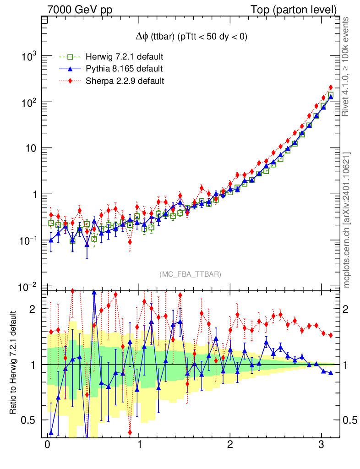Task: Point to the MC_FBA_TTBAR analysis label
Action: [190, 274]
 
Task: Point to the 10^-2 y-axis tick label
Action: [27, 287]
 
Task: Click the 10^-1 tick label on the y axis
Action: [27, 240]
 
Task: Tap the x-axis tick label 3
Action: [322, 445]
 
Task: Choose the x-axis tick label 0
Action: [48, 445]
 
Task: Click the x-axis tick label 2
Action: [230, 445]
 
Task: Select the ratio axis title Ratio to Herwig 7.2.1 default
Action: [14, 363]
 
